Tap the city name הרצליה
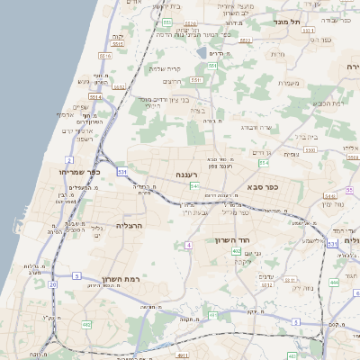(x=130, y=225)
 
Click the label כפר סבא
(x=262, y=186)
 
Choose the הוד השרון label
(x=232, y=240)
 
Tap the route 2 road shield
(x=69, y=160)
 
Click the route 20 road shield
(x=53, y=284)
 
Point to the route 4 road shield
(x=189, y=245)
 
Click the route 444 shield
(x=334, y=283)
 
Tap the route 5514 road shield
(x=95, y=96)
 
